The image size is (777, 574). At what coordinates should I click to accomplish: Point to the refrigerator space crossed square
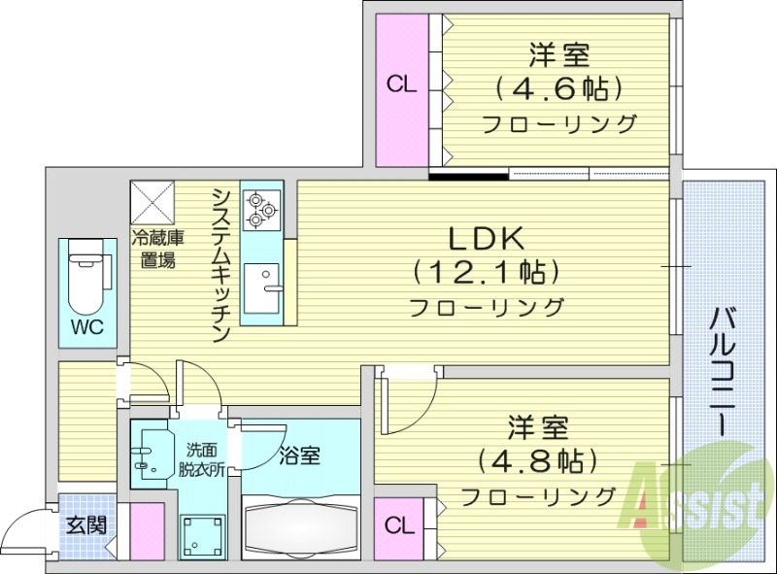[153, 202]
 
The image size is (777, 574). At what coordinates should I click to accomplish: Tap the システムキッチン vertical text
[221, 265]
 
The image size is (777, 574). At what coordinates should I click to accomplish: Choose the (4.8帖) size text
[537, 457]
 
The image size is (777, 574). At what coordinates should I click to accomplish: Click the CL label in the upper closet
[402, 85]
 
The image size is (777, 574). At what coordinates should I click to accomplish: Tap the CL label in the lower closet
[398, 526]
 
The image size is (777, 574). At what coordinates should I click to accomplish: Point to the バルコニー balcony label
[721, 370]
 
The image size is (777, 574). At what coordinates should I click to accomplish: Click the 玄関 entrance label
[81, 525]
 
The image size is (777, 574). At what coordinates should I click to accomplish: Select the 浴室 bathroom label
[299, 455]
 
